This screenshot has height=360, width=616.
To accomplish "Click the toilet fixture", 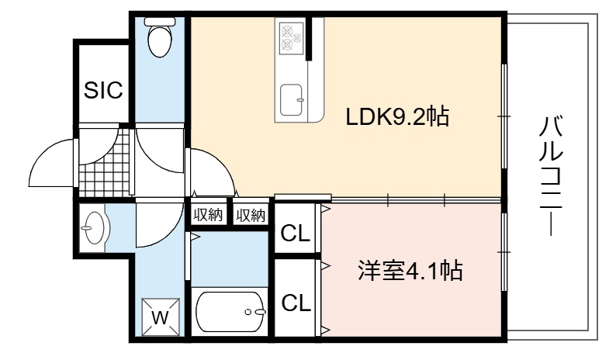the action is coord(160,37).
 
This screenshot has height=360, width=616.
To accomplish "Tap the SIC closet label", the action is coord(103,90).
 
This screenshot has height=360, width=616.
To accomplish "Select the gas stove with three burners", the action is coord(292,38).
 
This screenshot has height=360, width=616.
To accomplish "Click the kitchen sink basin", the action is coord(291,100).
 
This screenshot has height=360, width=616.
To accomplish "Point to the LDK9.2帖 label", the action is coord(397,116).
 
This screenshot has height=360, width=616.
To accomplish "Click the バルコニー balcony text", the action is coord(551,175).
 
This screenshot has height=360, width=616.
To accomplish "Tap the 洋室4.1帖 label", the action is coord(410,271).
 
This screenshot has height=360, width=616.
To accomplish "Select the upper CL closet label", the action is coord(296,234).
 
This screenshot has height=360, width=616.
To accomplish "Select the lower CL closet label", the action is coord(296,303).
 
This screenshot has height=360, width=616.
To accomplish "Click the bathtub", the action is coord(230,312).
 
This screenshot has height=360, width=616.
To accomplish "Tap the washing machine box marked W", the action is coord(161,317).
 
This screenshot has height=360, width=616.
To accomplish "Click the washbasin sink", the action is coord(93,228).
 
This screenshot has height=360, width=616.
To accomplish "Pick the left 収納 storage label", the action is coord(208,215).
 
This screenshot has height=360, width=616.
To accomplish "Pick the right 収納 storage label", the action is coord(251,215).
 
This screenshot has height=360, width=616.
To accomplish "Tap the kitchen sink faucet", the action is coord(300,100).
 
